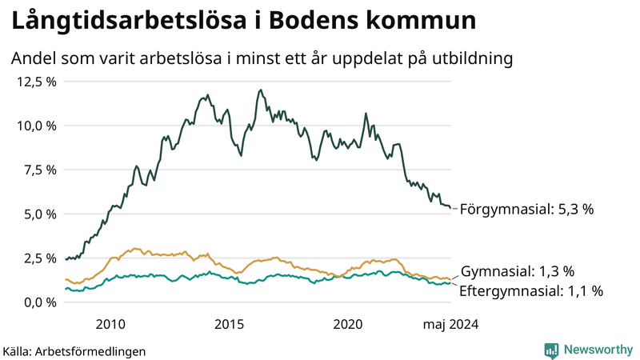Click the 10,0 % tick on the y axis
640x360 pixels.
[36, 126]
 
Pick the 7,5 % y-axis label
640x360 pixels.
[39, 170]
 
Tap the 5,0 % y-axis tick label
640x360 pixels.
[39, 214]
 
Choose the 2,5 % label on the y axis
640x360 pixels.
[39, 258]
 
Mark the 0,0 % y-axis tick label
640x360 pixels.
[39, 302]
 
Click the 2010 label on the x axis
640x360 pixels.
[110, 324]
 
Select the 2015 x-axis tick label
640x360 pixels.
[230, 324]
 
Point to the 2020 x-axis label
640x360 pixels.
[349, 324]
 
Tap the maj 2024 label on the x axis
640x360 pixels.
[450, 324]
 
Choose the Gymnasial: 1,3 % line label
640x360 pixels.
[518, 271]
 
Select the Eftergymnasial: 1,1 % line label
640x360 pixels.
[531, 291]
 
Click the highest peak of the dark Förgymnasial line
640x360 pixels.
[261, 90]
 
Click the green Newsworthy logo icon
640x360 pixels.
[551, 350]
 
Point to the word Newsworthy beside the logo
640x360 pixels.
[598, 350]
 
